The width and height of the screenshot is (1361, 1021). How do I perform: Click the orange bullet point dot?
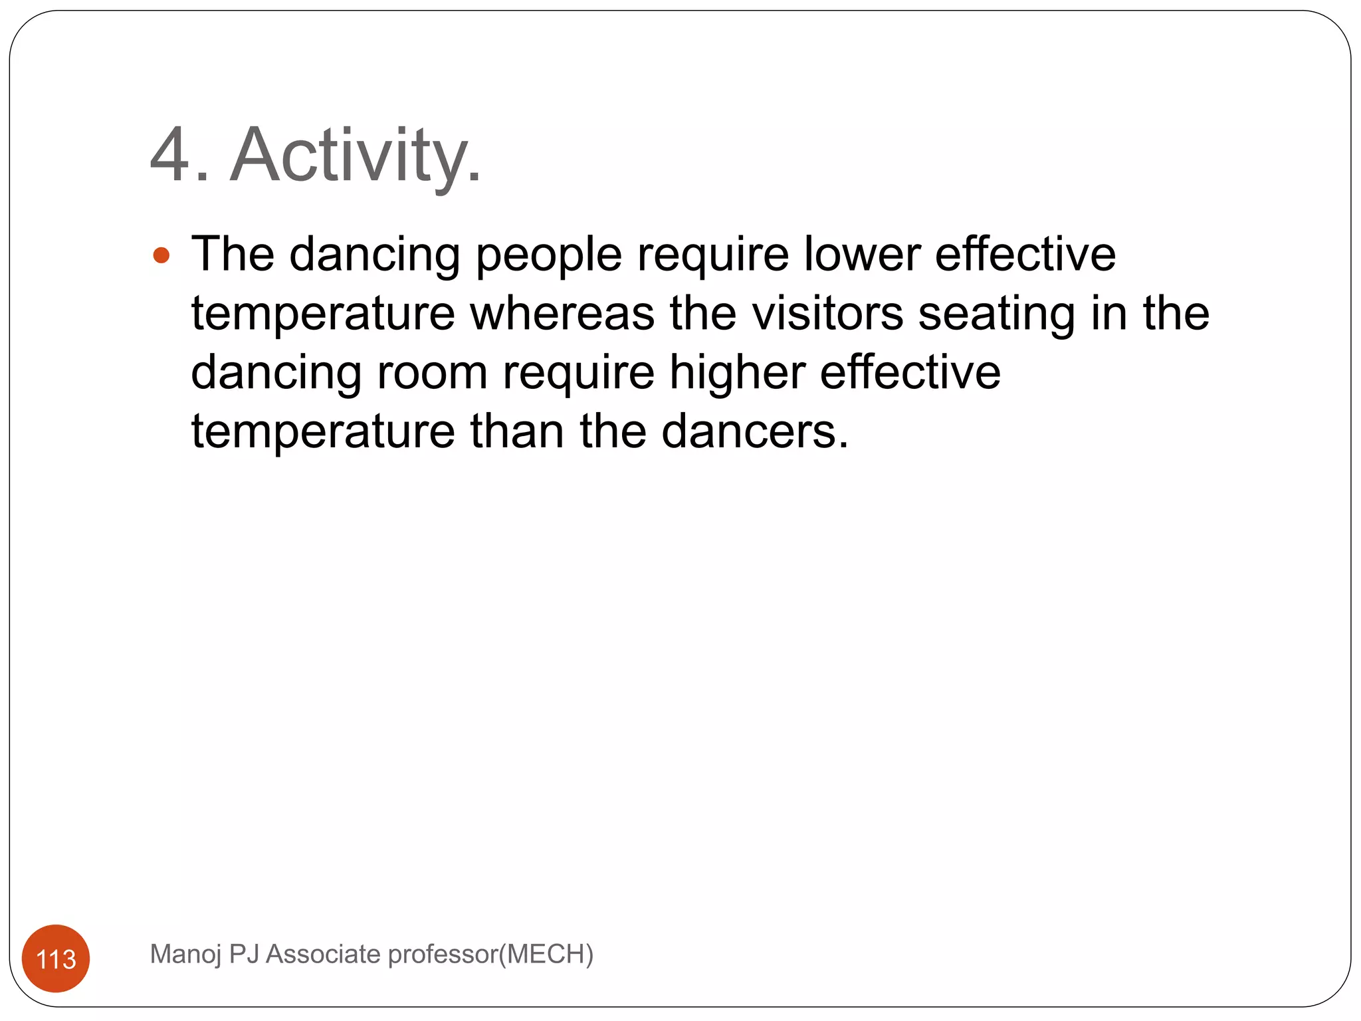161,255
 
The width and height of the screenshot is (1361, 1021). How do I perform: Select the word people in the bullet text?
549,255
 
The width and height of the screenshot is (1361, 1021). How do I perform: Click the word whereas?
562,313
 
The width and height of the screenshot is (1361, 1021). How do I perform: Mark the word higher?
737,372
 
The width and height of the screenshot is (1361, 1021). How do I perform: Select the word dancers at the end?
755,431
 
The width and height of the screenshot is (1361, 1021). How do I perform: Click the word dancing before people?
375,255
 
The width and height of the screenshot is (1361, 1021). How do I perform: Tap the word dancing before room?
276,373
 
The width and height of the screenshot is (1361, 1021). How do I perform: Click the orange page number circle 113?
56,959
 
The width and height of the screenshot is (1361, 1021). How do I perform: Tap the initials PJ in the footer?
243,954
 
